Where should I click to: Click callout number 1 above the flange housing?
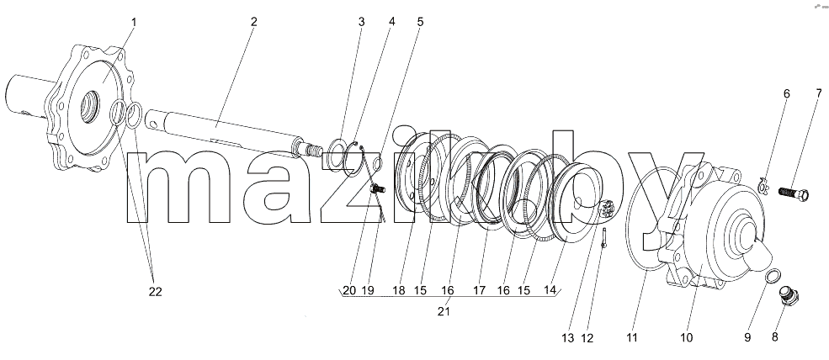click(134, 22)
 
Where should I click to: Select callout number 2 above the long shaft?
click(254, 22)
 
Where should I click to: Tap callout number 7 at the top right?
click(819, 94)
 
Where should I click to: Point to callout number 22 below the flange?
click(155, 291)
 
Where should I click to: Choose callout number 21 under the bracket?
click(444, 311)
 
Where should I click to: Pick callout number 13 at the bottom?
click(567, 337)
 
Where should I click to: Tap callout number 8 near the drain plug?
click(775, 337)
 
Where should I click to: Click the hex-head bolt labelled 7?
click(793, 193)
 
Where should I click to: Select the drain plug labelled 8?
click(789, 295)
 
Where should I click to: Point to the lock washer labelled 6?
click(763, 184)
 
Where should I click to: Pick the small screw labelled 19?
click(378, 188)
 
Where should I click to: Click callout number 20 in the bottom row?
click(349, 290)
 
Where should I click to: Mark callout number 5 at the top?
click(420, 22)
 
